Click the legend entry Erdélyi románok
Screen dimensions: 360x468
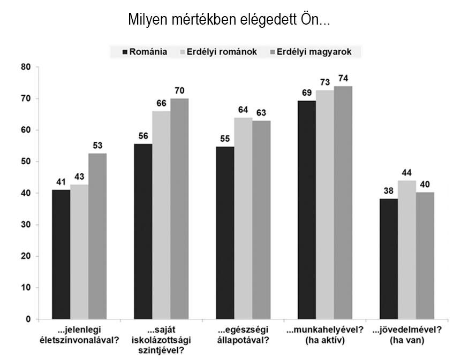tap(217, 52)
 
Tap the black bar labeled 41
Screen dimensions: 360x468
tap(61, 255)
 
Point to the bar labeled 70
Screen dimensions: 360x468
tap(179, 209)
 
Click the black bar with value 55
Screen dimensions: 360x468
tap(225, 233)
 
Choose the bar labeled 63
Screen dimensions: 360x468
tap(261, 220)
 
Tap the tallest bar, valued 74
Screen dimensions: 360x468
tap(343, 203)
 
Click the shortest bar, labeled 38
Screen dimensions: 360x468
tap(389, 259)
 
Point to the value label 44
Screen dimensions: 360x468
tap(407, 173)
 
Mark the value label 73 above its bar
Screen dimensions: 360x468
tap(325, 82)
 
